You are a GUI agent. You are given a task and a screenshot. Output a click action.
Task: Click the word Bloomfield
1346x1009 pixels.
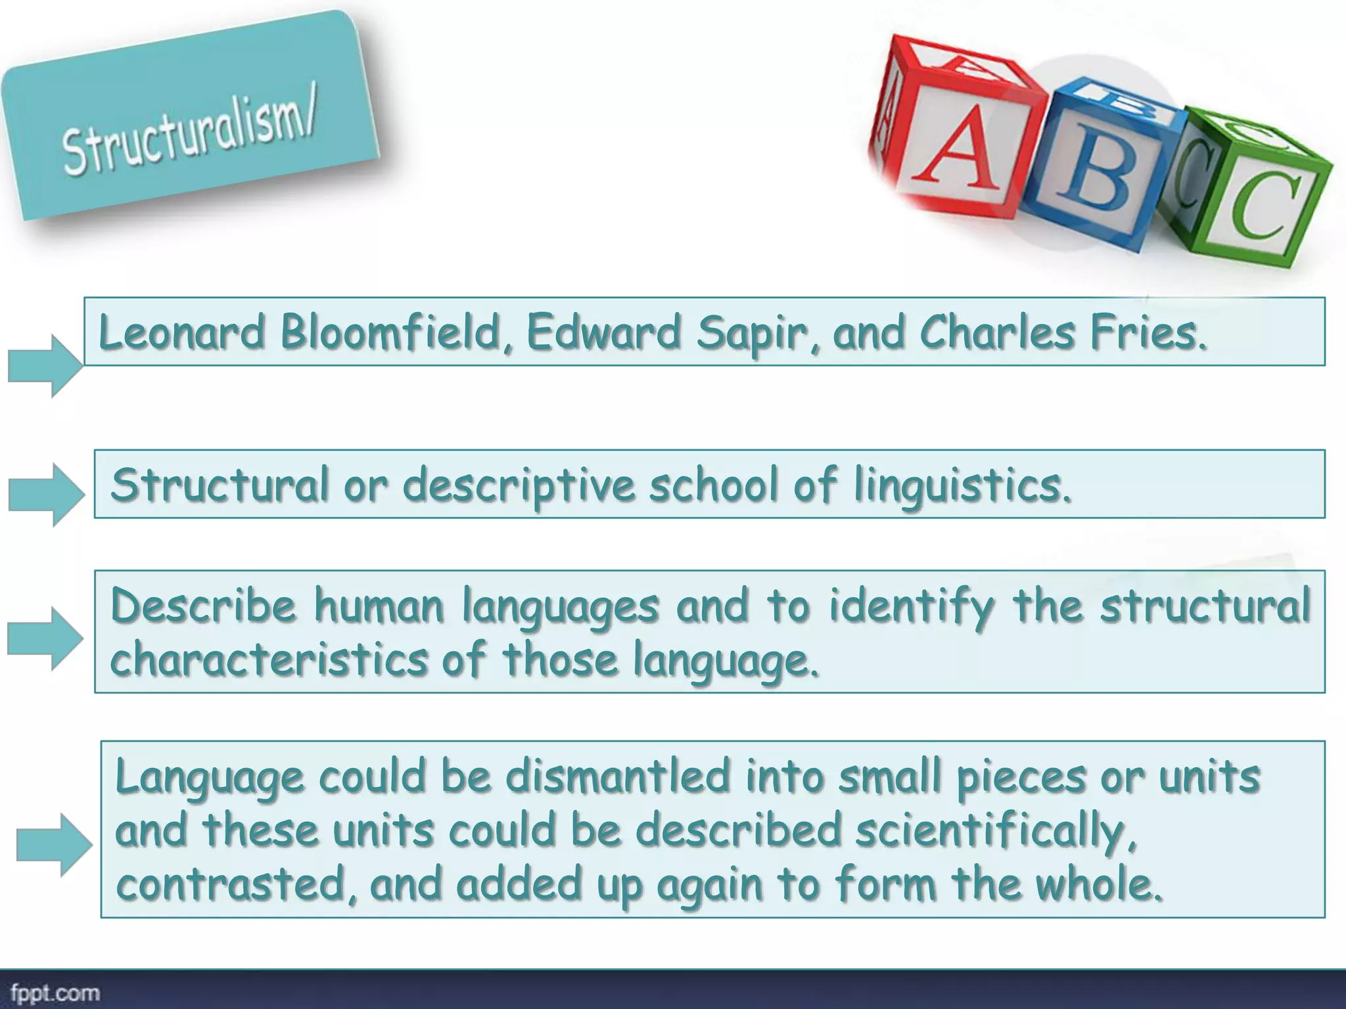390,332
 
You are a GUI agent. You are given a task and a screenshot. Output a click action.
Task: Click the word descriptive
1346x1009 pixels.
518,486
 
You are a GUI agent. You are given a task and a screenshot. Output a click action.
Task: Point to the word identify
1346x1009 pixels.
911,606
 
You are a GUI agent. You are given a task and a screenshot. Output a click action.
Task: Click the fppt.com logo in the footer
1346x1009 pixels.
55,993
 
